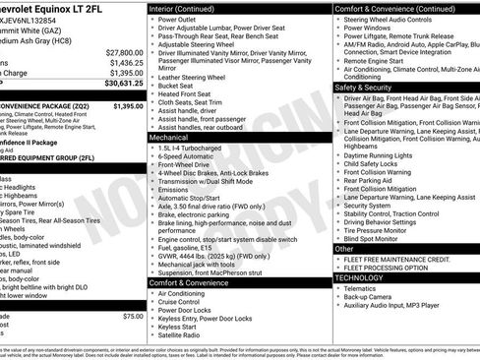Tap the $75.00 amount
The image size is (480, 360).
coord(133,316)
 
